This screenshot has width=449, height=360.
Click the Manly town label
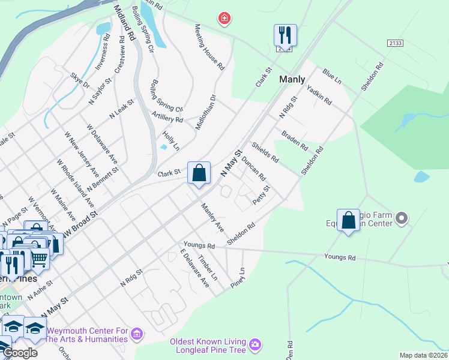(x=292, y=79)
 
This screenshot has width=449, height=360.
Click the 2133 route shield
(x=395, y=43)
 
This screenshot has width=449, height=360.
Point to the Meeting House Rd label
(x=209, y=46)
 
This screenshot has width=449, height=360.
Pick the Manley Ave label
(x=212, y=218)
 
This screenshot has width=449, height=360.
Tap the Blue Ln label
(x=331, y=76)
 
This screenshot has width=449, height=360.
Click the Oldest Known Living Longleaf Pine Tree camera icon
(x=256, y=344)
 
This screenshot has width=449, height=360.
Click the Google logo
(x=20, y=353)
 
